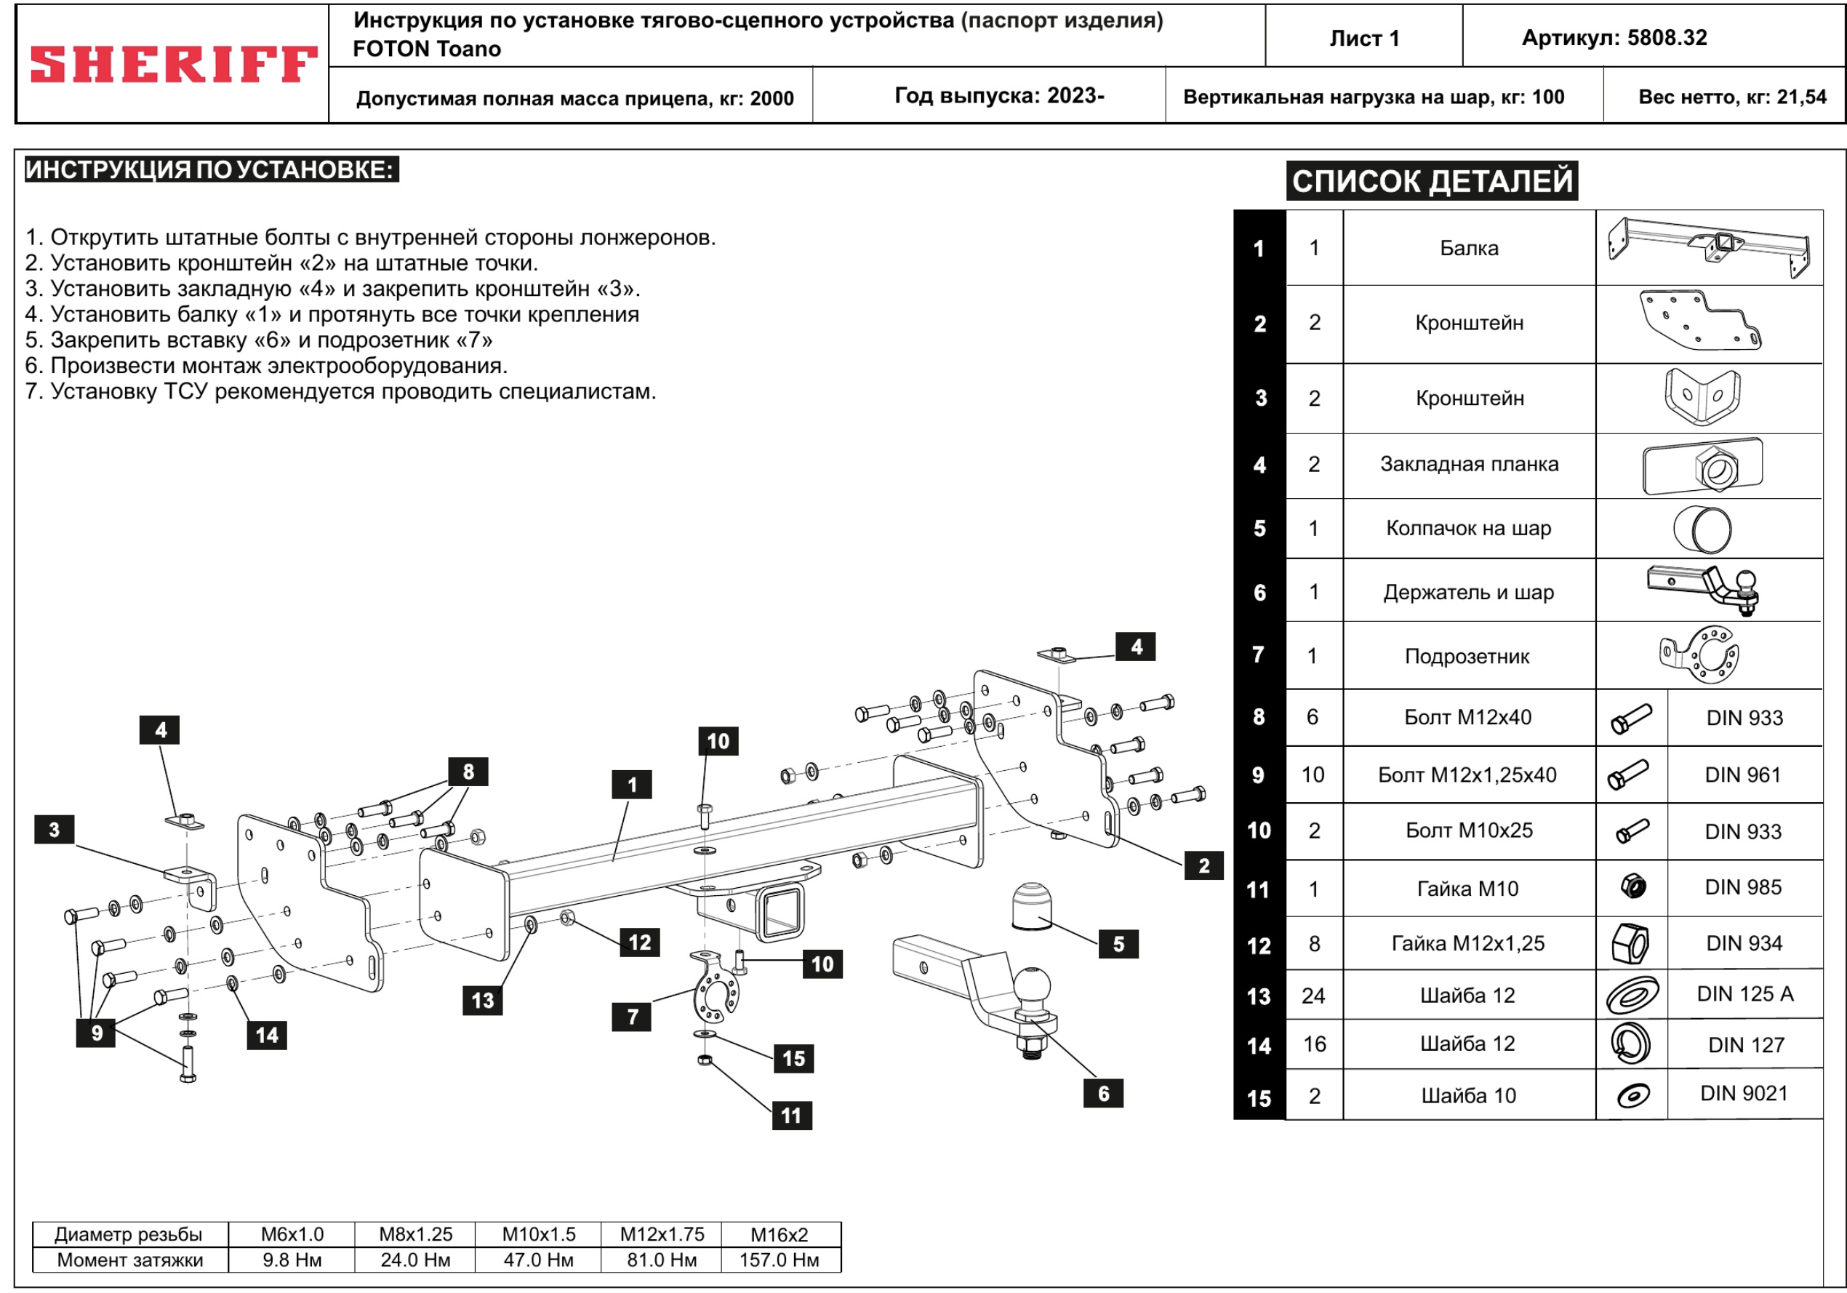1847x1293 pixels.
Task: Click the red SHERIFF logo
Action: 173,65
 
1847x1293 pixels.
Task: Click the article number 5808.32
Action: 1614,38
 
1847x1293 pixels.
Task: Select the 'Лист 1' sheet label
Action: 1364,38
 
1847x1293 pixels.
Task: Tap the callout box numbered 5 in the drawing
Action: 1118,944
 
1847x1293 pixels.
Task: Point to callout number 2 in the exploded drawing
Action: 1203,865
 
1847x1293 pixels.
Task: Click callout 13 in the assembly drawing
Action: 483,1000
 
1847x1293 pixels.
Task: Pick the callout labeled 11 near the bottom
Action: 792,1115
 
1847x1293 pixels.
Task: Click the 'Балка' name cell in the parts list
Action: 1469,248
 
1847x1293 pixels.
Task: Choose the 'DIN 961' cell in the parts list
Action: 1742,774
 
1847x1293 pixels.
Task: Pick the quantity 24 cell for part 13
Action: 1314,996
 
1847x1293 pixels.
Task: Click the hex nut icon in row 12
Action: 1630,943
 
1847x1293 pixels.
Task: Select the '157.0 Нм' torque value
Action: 779,1260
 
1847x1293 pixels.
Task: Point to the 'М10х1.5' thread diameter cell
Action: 538,1234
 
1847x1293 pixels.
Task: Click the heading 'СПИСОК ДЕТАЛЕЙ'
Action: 1432,181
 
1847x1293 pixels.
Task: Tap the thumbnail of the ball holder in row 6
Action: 1704,590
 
